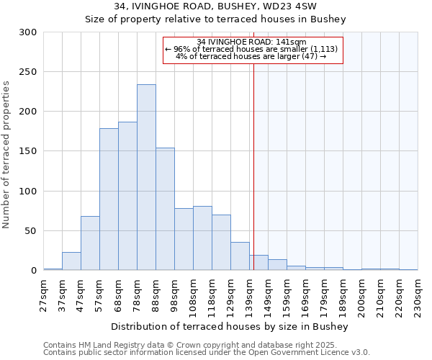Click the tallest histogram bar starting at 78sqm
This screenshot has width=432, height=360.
(x=146, y=177)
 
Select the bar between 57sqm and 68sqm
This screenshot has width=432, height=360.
(x=109, y=199)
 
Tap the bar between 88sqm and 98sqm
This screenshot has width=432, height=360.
(x=165, y=209)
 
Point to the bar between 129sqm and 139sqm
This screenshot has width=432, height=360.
(x=240, y=256)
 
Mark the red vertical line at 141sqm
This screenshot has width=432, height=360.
(x=253, y=158)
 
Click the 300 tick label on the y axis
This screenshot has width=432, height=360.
(x=28, y=32)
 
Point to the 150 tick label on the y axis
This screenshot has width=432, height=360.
(x=28, y=151)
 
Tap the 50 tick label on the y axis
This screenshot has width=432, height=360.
(x=31, y=231)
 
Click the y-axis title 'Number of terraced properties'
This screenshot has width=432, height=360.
(x=7, y=154)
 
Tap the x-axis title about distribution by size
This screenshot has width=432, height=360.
(x=230, y=327)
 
